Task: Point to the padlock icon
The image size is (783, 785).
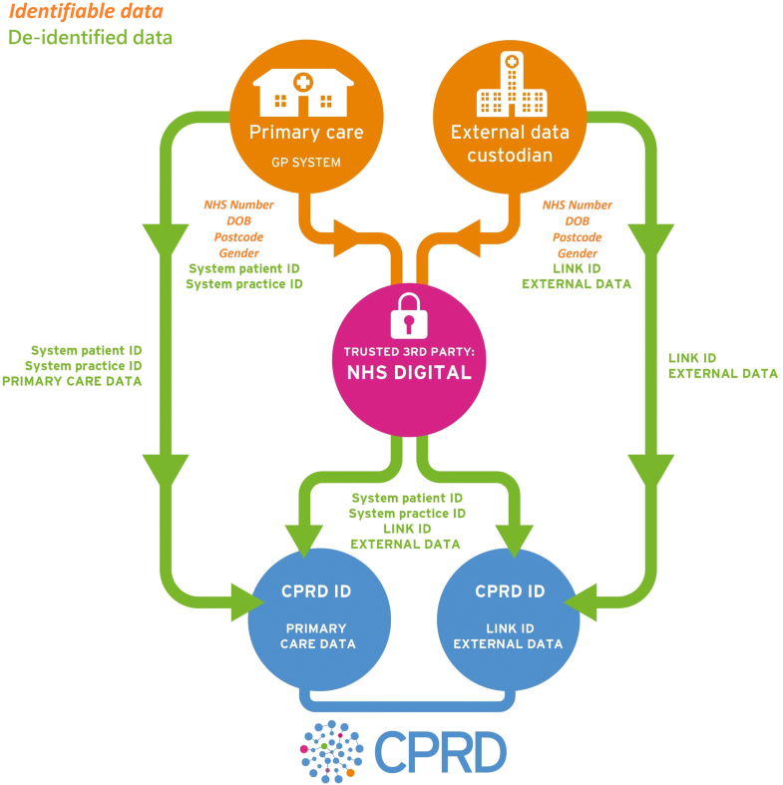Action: pyautogui.click(x=405, y=316)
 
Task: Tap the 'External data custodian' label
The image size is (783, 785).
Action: pyautogui.click(x=502, y=144)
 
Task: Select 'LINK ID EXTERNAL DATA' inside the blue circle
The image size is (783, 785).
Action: pyautogui.click(x=508, y=636)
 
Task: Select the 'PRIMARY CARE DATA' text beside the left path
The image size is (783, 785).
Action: pyautogui.click(x=86, y=380)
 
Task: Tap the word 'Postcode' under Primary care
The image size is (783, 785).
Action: pyautogui.click(x=238, y=237)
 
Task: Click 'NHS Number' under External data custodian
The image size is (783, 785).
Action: pyautogui.click(x=578, y=205)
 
